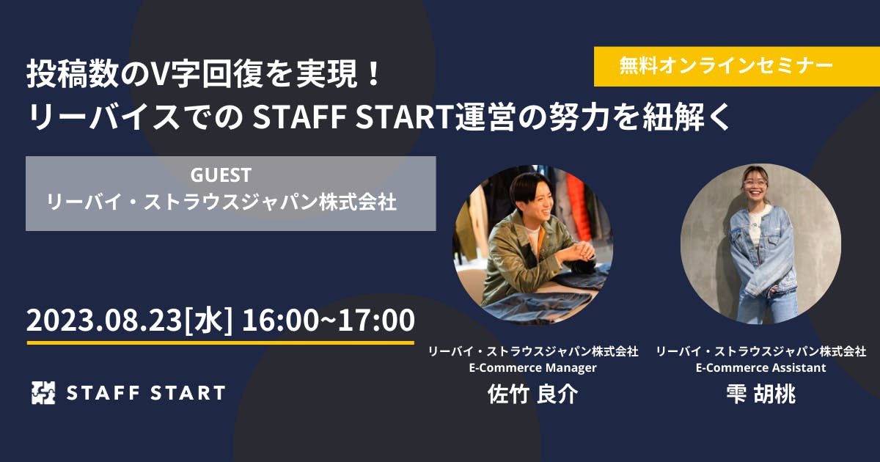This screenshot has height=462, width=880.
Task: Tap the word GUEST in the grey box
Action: tap(221, 175)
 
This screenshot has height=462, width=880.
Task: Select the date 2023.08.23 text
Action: tap(104, 320)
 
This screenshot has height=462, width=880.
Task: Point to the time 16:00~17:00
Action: tap(328, 320)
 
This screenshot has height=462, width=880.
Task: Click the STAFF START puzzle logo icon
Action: tap(43, 392)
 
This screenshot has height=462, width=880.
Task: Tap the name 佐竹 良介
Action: tap(532, 394)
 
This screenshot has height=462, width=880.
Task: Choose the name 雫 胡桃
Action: tap(761, 394)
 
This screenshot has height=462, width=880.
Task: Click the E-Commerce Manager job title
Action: tap(532, 367)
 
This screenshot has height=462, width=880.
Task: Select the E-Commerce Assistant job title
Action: tap(761, 367)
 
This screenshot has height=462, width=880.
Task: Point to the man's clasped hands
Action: tap(579, 252)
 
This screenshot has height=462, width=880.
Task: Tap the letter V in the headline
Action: tap(161, 74)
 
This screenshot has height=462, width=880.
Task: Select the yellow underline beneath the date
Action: tap(221, 343)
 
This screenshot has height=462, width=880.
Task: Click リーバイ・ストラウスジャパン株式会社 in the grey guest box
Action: tap(221, 202)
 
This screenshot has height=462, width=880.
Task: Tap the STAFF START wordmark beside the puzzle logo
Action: tap(146, 393)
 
